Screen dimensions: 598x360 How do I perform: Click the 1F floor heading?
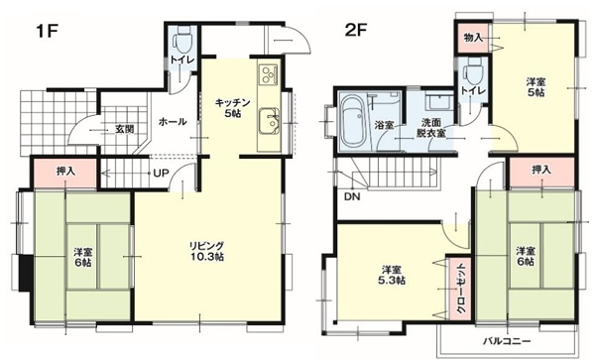click(47, 32)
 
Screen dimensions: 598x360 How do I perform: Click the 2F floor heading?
click(355, 31)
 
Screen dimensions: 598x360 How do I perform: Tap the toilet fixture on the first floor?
click(182, 41)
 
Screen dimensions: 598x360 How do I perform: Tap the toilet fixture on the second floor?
click(472, 72)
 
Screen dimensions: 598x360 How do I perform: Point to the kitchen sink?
click(269, 122)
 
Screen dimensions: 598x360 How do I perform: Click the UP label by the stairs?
click(161, 174)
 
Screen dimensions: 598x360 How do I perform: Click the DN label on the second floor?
click(352, 197)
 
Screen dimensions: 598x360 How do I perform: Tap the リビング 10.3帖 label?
click(206, 251)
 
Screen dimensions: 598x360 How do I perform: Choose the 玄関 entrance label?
click(125, 129)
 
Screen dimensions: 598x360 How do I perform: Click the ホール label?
click(173, 122)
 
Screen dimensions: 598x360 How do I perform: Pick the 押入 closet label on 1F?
click(65, 172)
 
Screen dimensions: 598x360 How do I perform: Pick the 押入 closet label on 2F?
click(541, 170)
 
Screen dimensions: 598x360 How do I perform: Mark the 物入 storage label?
click(473, 38)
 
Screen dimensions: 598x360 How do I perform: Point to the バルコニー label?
click(507, 340)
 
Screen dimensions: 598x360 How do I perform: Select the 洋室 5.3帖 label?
click(392, 276)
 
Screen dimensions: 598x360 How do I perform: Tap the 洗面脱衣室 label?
click(431, 128)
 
